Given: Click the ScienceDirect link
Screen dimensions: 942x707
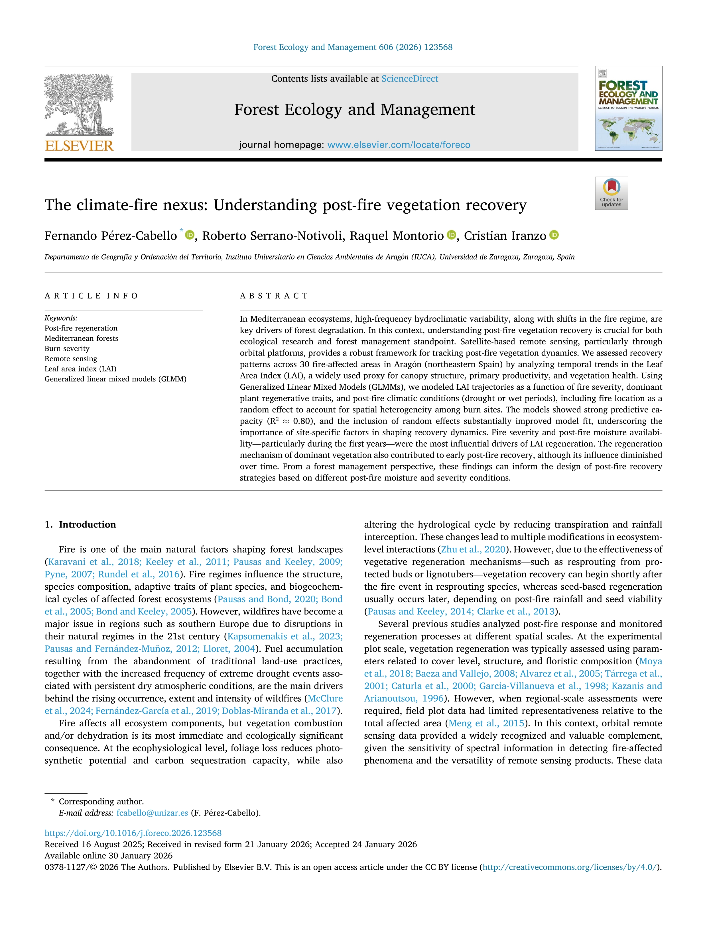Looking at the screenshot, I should coord(410,79).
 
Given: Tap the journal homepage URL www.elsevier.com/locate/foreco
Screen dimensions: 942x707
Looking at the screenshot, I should coord(399,145).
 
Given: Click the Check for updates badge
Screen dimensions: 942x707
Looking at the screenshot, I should coord(611,193).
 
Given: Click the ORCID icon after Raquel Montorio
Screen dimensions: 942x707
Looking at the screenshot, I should coord(451,235).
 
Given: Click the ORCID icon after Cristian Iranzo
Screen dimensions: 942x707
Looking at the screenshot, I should coord(554,235).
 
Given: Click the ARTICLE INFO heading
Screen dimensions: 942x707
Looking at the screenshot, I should coord(91,296).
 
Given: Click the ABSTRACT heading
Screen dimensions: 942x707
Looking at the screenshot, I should coord(274,296).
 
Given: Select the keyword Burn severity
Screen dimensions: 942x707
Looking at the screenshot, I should coord(67,348).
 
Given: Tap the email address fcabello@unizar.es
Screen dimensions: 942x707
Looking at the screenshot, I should coord(152,813).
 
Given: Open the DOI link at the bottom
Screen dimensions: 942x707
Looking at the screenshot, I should coord(133,833).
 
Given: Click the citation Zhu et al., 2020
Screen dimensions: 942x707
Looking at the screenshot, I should coord(473,549).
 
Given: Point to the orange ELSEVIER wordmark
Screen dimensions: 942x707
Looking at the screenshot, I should coord(79,146).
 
